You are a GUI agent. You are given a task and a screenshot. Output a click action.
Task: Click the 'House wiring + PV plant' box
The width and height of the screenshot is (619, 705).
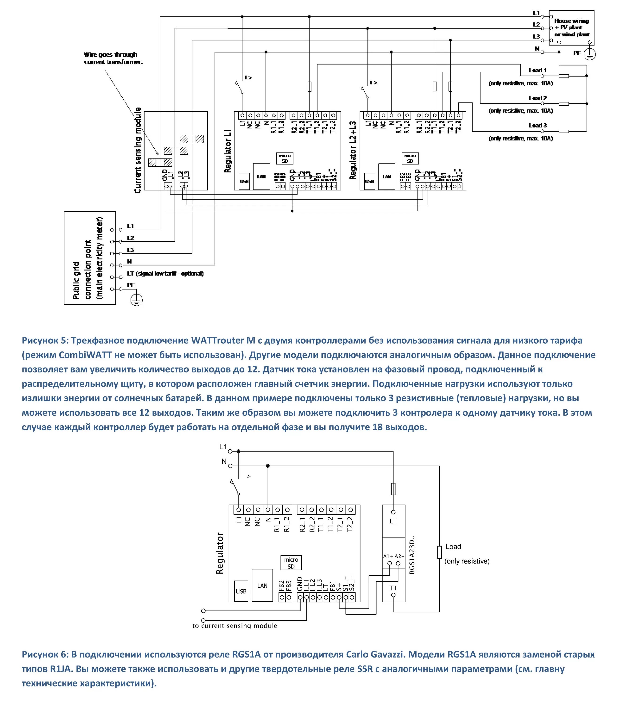571,27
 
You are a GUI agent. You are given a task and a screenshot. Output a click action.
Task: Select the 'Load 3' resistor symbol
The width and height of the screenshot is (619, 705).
563,131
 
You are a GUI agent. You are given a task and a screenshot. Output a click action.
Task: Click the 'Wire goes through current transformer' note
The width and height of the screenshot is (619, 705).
113,58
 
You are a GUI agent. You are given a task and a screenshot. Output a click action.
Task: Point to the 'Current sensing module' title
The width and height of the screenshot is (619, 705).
138,150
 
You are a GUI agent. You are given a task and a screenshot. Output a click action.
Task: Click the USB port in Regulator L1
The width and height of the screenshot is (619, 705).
244,181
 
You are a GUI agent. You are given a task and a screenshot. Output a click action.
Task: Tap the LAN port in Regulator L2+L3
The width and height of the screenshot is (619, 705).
387,176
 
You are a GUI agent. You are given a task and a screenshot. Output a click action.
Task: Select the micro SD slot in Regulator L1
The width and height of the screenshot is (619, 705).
285,158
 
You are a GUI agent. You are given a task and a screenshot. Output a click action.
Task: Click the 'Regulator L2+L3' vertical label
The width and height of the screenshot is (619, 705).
353,150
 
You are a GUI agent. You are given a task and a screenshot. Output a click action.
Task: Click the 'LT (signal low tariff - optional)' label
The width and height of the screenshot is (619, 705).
165,274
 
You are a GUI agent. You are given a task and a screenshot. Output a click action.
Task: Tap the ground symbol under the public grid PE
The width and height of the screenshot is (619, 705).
137,300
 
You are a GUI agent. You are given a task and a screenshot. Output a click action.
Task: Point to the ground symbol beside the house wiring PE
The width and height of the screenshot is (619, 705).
589,54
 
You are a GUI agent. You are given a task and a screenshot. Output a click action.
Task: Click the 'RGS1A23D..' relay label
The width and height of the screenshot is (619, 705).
412,555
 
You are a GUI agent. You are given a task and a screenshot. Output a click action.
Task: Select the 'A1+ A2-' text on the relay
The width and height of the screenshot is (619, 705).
393,556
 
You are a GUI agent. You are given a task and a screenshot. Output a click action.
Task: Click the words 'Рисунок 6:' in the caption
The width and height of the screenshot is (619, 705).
45,654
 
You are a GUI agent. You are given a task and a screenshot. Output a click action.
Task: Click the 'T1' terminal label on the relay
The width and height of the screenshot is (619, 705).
393,588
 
